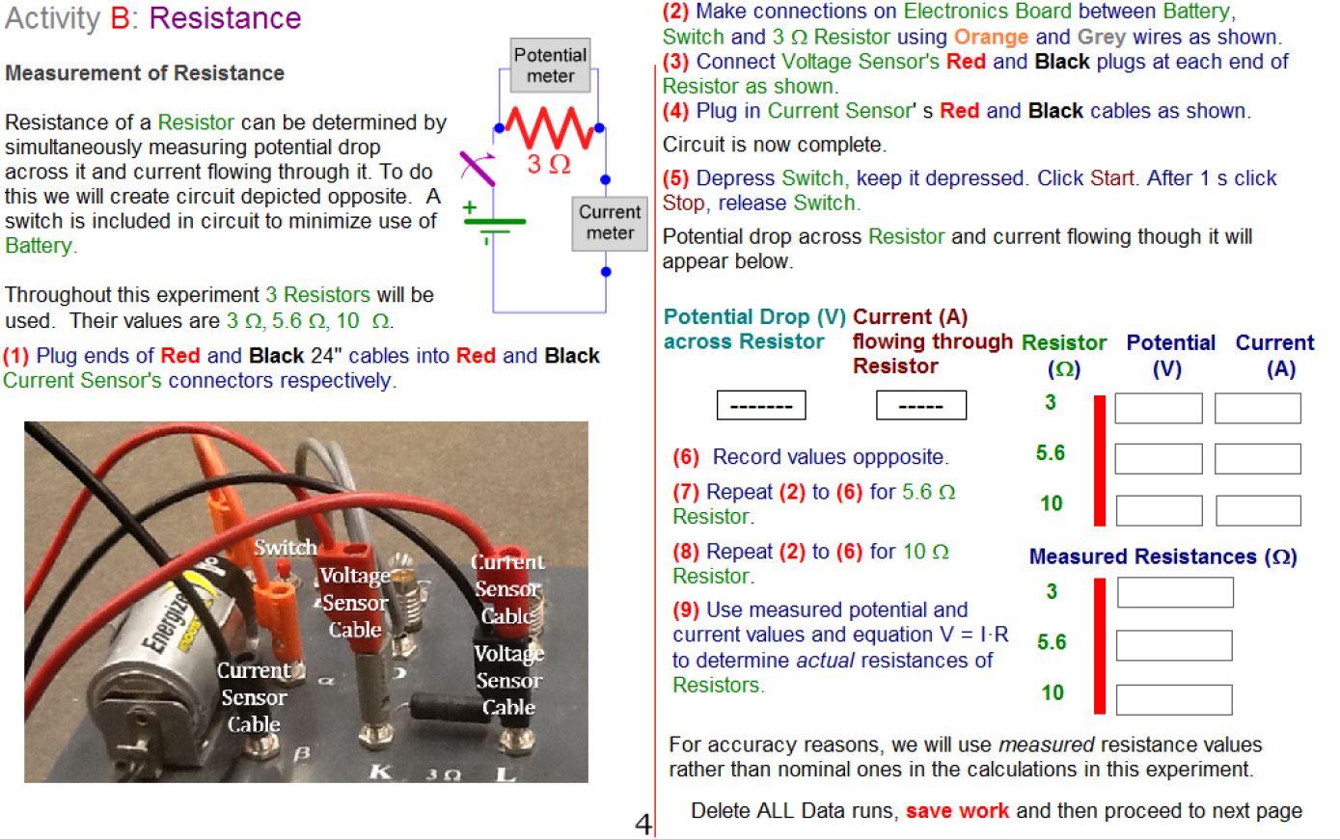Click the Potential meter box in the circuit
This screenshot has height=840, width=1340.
(550, 66)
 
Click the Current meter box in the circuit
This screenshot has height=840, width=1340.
(609, 223)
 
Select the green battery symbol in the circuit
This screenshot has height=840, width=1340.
(493, 223)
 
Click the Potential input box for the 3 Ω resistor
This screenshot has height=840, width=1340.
(1158, 408)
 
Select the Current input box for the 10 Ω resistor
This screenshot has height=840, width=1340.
(1257, 510)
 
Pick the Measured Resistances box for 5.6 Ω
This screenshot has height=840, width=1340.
(1173, 645)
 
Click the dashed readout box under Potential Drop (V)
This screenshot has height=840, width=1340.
(760, 405)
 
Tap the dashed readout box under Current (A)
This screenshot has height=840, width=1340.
(920, 405)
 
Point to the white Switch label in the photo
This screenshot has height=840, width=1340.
(286, 548)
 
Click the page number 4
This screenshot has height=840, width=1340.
(643, 825)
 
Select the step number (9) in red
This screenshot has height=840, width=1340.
(686, 610)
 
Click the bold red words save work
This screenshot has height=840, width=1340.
(957, 811)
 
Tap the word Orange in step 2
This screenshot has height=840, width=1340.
(991, 37)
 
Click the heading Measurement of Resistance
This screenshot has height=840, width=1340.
(145, 73)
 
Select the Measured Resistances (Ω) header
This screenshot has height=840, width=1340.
(1162, 556)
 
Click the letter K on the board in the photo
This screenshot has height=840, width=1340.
(381, 772)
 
